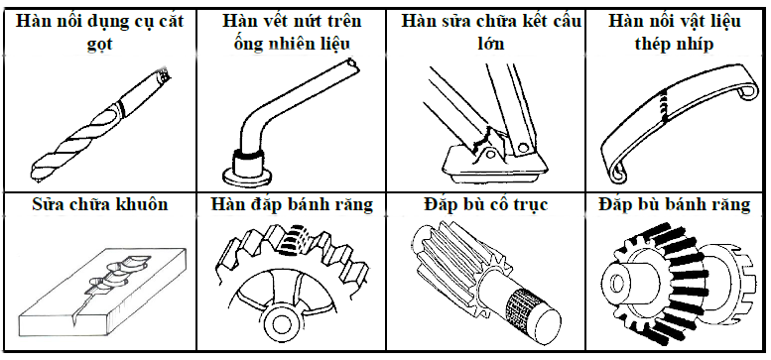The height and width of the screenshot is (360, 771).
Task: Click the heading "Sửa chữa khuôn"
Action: point(100,204)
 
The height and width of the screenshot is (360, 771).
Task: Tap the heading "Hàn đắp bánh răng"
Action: point(292,204)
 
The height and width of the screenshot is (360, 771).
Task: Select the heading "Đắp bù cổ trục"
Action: point(486,204)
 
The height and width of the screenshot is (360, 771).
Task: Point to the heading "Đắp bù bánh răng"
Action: point(674,204)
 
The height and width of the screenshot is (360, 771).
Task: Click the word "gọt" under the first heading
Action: point(99,45)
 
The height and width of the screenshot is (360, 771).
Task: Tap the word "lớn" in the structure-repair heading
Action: point(491,44)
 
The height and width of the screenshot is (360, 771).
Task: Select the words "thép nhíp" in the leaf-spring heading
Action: point(674,45)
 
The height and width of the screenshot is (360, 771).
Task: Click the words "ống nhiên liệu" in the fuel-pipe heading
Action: point(293,45)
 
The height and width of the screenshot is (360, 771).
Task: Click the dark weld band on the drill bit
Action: point(121,109)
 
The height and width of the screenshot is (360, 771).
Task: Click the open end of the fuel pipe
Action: point(350,62)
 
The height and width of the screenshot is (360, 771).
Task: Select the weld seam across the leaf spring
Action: point(665,105)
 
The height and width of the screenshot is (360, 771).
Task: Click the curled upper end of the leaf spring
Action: point(747,92)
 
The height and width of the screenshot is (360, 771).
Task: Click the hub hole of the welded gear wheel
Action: point(281,322)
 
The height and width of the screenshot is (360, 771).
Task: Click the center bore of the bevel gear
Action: point(616,282)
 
